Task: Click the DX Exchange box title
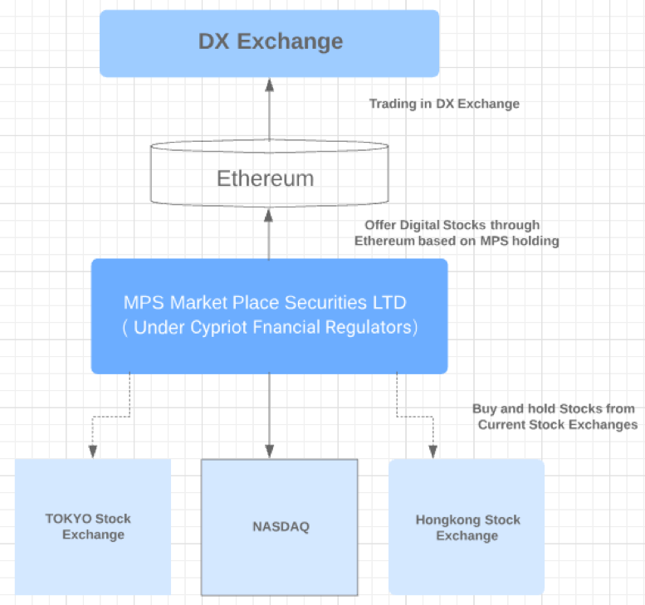click(x=271, y=41)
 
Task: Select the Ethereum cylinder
click(x=270, y=173)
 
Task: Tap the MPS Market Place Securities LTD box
click(x=270, y=316)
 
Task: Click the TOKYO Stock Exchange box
click(x=93, y=526)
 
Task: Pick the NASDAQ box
click(x=279, y=527)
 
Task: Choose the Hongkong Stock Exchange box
click(x=467, y=526)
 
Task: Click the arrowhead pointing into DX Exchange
click(x=270, y=85)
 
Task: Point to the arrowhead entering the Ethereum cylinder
click(x=269, y=216)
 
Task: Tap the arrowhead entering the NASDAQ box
click(x=270, y=451)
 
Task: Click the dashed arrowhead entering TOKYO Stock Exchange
click(x=93, y=451)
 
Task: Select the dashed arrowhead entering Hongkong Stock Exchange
click(x=432, y=451)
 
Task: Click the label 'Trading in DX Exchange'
click(x=444, y=104)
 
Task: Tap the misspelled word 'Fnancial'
click(x=286, y=327)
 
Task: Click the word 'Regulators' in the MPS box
click(x=369, y=327)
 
